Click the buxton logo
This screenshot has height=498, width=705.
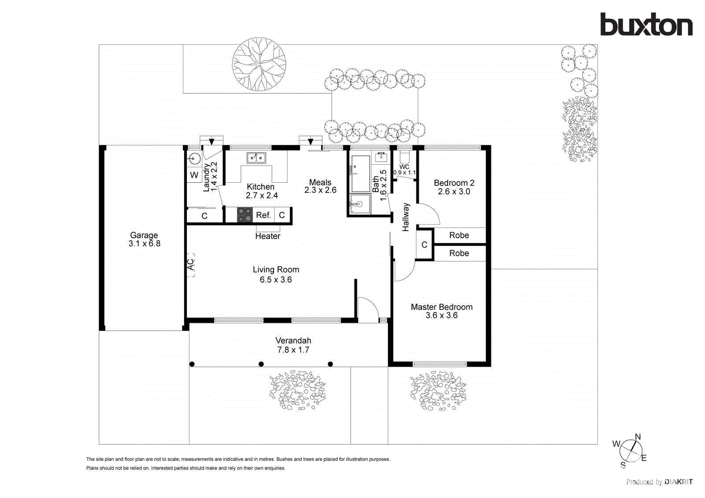pos(646,25)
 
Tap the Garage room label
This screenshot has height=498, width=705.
pos(144,236)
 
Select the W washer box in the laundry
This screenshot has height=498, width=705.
pos(194,175)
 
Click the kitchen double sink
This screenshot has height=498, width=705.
pos(256,158)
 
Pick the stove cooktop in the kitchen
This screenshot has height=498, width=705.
pos(245,215)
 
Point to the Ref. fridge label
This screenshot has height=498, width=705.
pos(263,215)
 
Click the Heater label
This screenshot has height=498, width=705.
pos(267,236)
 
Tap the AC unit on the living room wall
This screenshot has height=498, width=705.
pos(190,265)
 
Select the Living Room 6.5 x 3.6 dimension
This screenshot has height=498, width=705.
pos(275,280)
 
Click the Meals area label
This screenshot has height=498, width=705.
pos(320,182)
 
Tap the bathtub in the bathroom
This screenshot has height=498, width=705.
pos(360,173)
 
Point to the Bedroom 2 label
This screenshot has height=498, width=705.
pos(454,183)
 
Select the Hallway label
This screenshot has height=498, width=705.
pos(406,217)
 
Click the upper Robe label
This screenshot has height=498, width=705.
pos(459,235)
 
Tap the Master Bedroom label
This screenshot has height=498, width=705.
pos(442,307)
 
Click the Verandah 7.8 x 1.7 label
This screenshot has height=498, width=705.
pos(293,345)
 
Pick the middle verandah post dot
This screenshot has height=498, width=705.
pos(261,364)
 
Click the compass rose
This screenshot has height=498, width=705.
pos(631,450)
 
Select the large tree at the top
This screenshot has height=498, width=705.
pos(259,64)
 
